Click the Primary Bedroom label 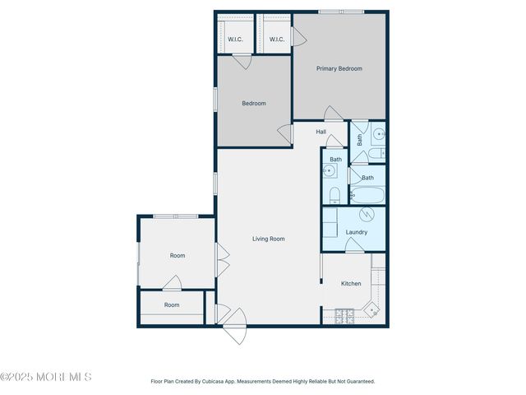click(x=339, y=69)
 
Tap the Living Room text click(x=268, y=239)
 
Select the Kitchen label click(x=351, y=284)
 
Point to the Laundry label click(x=356, y=232)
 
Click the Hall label click(x=321, y=132)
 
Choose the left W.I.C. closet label click(x=235, y=39)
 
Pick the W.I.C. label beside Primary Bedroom click(x=276, y=39)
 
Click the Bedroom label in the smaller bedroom click(x=253, y=104)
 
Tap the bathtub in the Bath click(x=367, y=195)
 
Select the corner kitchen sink click(x=371, y=311)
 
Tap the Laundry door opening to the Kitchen click(x=354, y=246)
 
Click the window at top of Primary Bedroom click(x=341, y=12)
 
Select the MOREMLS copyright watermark click(x=46, y=378)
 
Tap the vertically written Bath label click(x=359, y=140)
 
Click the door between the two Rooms click(x=172, y=283)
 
